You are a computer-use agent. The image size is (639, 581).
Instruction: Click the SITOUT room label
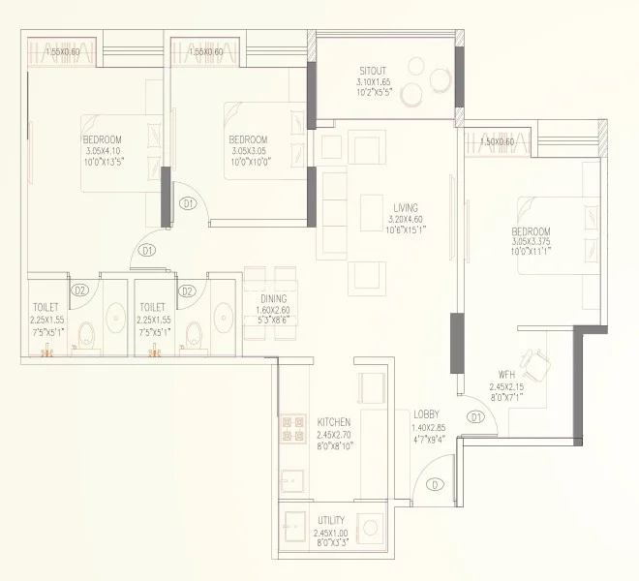[x=373, y=72]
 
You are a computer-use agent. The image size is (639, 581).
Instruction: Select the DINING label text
[x=273, y=298]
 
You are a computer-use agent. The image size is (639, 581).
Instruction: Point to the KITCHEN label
[x=333, y=423]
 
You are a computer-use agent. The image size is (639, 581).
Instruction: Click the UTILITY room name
[x=331, y=520]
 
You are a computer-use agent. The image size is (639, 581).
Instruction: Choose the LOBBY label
[x=426, y=413]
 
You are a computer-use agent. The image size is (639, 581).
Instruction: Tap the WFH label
[x=505, y=375]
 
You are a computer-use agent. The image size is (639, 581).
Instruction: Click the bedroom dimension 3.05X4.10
[x=106, y=151]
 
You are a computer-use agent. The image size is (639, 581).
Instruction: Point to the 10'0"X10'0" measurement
[x=250, y=162]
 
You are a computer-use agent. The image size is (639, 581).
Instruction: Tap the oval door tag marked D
[x=436, y=484]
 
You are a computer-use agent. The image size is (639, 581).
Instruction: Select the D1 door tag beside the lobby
[x=474, y=417]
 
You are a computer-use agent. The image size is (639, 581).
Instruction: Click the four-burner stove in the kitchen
[x=290, y=431]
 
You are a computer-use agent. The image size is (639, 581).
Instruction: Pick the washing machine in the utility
[x=371, y=528]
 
